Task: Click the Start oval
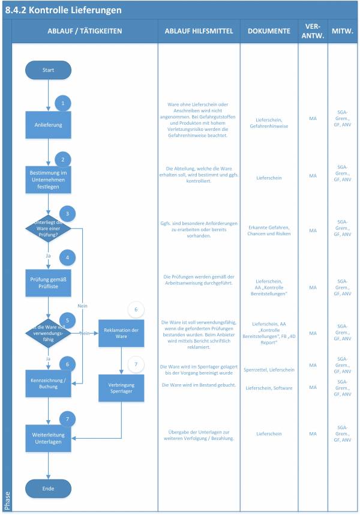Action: coord(48,70)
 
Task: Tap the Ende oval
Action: coord(48,489)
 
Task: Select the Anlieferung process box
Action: coord(48,125)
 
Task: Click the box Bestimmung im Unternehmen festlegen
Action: coord(48,178)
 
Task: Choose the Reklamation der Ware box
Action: coord(122,333)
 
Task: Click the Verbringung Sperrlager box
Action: coord(122,387)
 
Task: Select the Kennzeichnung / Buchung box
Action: coord(48,384)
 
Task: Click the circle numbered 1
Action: coord(63,103)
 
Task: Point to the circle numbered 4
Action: coord(67,257)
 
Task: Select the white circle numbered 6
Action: coord(136,310)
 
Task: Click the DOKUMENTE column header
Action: coord(269,31)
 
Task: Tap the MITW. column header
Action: coord(342,31)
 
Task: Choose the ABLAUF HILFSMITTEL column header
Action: coord(199,31)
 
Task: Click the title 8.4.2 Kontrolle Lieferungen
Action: coord(63,10)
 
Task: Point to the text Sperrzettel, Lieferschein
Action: coord(269,370)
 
